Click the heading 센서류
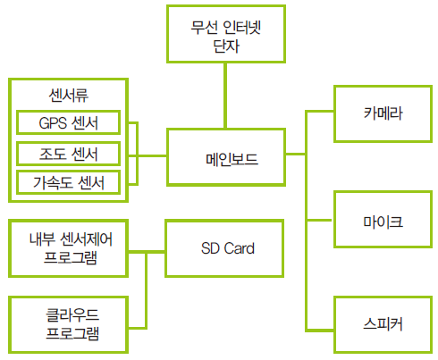[x=69, y=96]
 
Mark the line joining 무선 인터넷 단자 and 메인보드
[x=225, y=96]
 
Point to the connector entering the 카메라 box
[x=319, y=112]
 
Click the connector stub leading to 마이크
[x=319, y=220]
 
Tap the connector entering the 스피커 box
[x=319, y=330]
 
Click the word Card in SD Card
[x=239, y=248]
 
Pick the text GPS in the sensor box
[x=53, y=122]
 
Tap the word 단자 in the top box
[x=226, y=46]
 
